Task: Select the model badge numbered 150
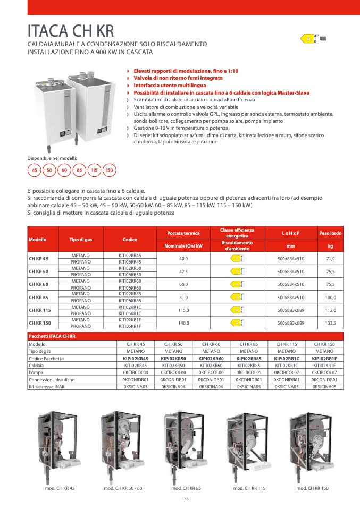pos(109,171)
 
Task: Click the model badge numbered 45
pos(35,171)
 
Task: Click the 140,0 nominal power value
pos(183,323)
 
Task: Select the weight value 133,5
pos(330,323)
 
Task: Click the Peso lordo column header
pos(330,233)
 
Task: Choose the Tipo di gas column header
pos(81,240)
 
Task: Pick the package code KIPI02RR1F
pos(324,359)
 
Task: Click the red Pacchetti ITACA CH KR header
pos(52,337)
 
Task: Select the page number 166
pos(186,499)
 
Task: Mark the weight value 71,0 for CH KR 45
pos(330,259)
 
